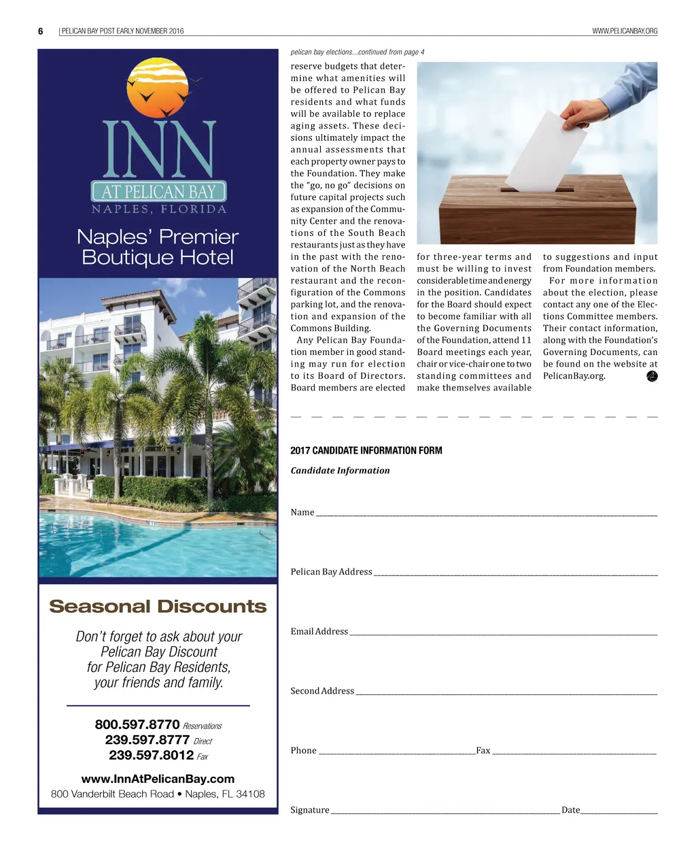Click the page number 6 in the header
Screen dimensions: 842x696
click(x=41, y=31)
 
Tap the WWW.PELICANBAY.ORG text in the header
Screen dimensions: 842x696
click(x=625, y=31)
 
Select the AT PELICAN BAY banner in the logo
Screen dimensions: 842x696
click(x=158, y=192)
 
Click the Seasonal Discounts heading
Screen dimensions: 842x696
click(x=158, y=606)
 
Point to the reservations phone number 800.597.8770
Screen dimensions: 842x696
click(x=137, y=725)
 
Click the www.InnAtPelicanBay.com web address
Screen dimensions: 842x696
click(x=158, y=779)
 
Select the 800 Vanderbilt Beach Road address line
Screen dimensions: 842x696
click(x=158, y=794)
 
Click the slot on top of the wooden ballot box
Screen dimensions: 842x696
click(x=537, y=190)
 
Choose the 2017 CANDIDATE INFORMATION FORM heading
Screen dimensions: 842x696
click(x=366, y=450)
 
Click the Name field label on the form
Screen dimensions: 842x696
click(x=302, y=512)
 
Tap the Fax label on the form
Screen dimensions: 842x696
click(x=483, y=750)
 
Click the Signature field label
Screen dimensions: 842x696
click(x=309, y=809)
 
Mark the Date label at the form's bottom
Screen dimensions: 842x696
click(x=570, y=809)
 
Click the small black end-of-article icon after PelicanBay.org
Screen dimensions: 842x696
click(x=652, y=376)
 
